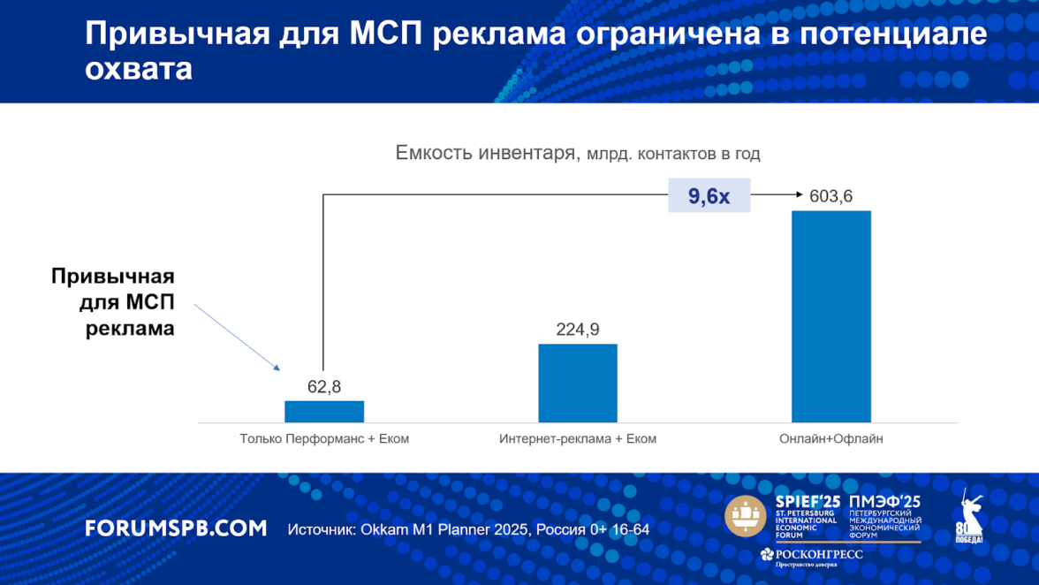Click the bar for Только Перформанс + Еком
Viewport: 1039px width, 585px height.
pos(323,412)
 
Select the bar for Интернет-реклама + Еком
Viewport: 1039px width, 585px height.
pos(577,383)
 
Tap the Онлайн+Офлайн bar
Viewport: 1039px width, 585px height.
pos(830,316)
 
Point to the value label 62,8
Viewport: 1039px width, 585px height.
pos(324,386)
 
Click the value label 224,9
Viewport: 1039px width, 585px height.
pos(578,330)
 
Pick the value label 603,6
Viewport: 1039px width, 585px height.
pos(830,196)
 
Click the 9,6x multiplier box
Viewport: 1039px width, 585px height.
pos(709,196)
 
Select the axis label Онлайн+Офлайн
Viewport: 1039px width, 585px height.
pos(831,438)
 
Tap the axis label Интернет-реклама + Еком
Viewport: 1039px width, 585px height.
pos(578,438)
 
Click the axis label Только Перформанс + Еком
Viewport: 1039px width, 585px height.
pos(324,438)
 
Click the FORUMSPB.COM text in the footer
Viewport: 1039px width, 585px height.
pos(176,528)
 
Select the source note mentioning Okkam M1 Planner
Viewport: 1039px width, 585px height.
pos(468,530)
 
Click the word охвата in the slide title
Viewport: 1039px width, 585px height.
pos(139,70)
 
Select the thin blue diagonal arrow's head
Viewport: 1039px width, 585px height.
pos(277,369)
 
